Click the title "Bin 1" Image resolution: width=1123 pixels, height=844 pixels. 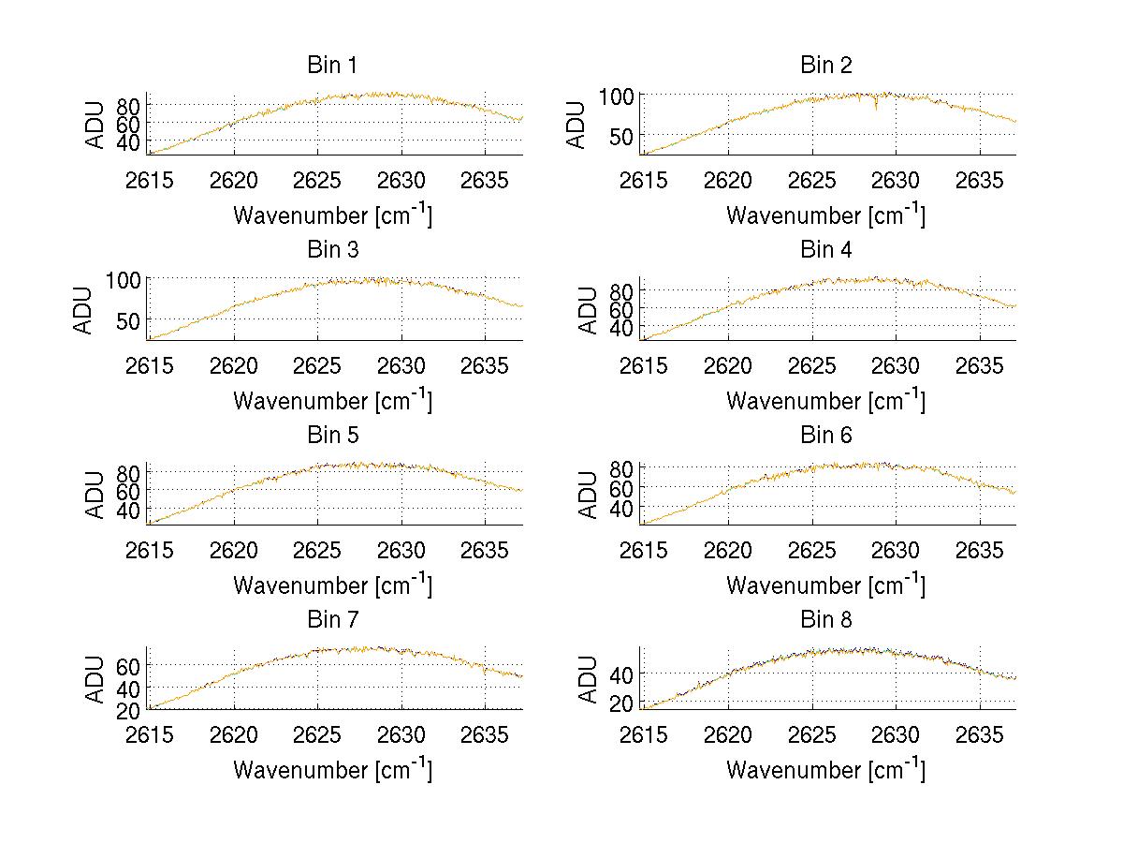pos(332,66)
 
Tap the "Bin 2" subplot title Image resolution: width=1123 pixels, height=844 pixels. pos(826,66)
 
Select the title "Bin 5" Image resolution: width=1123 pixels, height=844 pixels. pos(332,436)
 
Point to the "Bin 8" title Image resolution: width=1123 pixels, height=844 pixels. pos(826,620)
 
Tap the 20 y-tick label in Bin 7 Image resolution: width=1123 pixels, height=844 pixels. pos(128,711)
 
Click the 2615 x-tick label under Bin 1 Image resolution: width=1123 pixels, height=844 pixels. pos(150,181)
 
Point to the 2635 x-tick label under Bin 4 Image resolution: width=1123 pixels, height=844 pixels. pos(980,365)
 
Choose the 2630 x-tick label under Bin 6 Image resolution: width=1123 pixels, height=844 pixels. pos(896,550)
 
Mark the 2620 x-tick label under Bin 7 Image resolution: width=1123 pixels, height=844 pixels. pos(234,734)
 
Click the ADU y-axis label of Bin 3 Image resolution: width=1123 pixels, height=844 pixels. pos(83,309)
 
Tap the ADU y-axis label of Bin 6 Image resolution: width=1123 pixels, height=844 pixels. pos(589,494)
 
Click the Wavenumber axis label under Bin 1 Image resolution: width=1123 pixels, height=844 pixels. pos(332,215)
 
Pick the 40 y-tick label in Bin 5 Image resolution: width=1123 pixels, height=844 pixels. pos(128,510)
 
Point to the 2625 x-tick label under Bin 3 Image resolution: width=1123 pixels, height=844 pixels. pos(318,365)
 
